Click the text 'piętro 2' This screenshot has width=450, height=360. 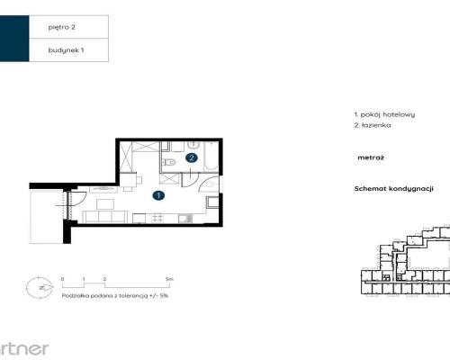(x=61, y=28)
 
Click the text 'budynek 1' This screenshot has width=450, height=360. (x=66, y=50)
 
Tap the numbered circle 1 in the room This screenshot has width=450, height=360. (x=157, y=194)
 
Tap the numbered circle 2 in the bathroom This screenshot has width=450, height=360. (x=191, y=157)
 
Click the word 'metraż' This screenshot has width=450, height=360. (x=371, y=157)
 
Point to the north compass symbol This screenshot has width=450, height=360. (x=39, y=288)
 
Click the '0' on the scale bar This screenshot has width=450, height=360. (x=63, y=280)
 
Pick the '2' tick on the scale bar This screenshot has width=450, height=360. (x=105, y=280)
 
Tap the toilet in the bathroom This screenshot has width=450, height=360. (x=170, y=162)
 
